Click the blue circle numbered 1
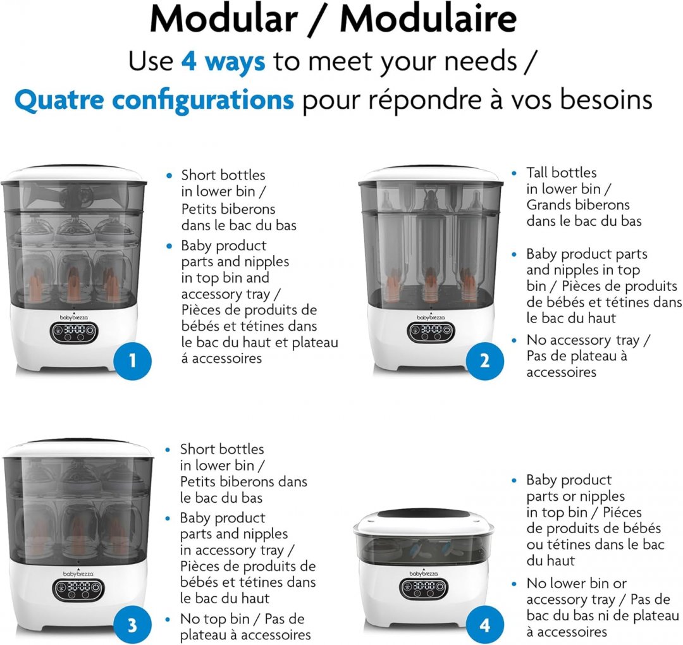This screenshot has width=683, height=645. pos(132,360)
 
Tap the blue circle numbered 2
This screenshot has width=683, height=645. pos(485,360)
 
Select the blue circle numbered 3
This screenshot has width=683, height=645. pos(132,625)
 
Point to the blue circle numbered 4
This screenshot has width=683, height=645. pos(485,625)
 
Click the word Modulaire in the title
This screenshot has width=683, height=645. pos(428,20)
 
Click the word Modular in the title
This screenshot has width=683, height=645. pos(224,20)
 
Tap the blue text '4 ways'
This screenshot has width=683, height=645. pos(223,61)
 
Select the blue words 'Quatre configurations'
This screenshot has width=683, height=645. pos(154,100)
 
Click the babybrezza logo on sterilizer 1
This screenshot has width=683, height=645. pos(73,317)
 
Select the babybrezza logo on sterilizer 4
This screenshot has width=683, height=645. pos(423,573)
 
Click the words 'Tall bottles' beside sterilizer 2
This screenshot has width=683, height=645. pos(562,173)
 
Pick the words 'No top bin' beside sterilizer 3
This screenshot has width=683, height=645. pos(215,619)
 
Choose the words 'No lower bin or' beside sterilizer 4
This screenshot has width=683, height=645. pos(576,583)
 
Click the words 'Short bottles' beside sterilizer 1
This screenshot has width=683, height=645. pos(223,175)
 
